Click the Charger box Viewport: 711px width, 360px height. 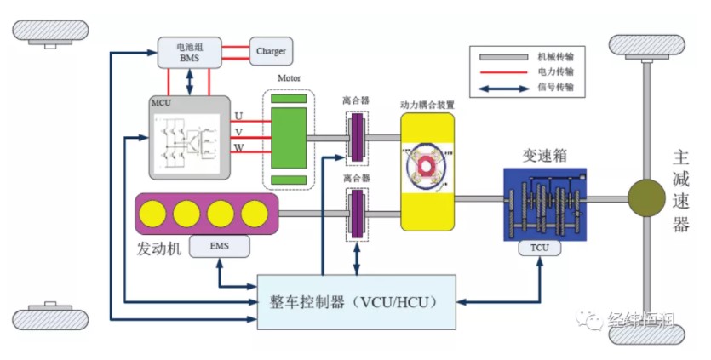(271, 51)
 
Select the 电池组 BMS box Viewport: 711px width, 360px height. (190, 53)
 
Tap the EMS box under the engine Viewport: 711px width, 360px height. (220, 246)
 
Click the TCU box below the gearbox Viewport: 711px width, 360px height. (540, 248)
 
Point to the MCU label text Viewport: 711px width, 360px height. (161, 102)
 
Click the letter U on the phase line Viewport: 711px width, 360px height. (238, 116)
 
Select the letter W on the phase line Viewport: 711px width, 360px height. (239, 148)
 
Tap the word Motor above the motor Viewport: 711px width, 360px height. (289, 78)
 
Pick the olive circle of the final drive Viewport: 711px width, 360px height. (646, 197)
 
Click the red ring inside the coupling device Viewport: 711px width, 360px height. (426, 166)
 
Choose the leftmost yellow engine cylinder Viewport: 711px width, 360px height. (152, 214)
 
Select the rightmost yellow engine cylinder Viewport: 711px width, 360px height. (255, 214)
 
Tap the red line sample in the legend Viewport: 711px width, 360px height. (503, 71)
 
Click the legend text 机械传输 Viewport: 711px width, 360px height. (555, 57)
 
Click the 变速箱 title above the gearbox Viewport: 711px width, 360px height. (545, 156)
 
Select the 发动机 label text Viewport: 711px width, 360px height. (158, 249)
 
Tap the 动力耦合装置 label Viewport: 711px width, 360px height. (427, 106)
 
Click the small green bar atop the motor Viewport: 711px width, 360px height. (289, 99)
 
